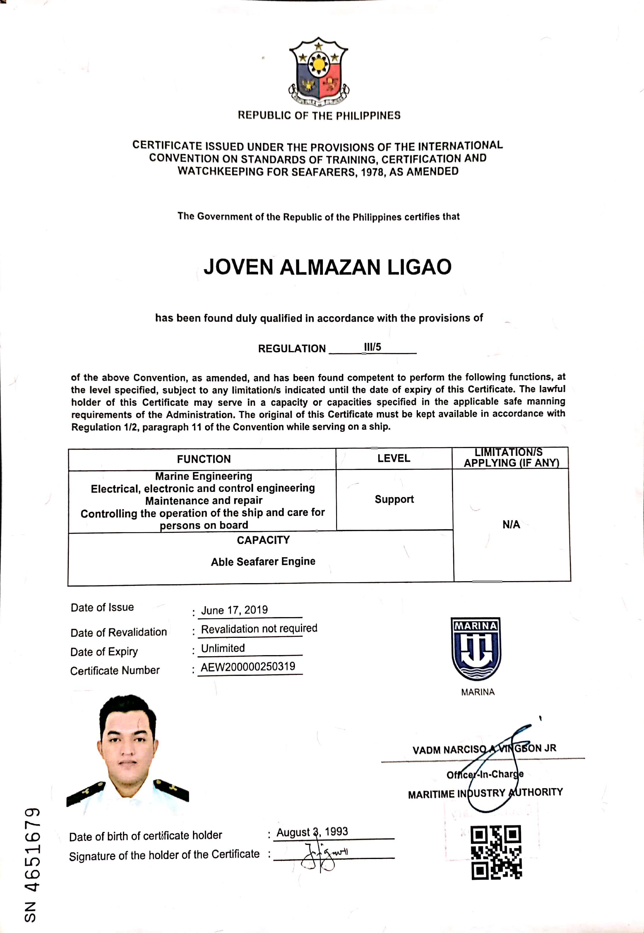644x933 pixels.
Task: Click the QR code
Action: (496, 852)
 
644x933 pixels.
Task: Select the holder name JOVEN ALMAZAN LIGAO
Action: (327, 267)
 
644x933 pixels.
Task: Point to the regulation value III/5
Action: (372, 347)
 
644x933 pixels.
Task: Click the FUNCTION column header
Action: (204, 459)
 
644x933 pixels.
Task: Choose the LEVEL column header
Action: (393, 458)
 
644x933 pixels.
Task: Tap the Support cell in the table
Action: (394, 499)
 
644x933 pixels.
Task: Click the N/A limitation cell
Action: (511, 524)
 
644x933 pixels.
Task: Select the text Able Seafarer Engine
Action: (263, 562)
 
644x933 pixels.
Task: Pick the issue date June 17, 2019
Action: (234, 610)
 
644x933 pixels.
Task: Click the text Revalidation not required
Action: (259, 628)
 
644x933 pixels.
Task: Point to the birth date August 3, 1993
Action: (312, 832)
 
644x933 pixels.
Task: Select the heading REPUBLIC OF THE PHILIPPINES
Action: (319, 115)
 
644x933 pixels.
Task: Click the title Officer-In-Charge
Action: (485, 774)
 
